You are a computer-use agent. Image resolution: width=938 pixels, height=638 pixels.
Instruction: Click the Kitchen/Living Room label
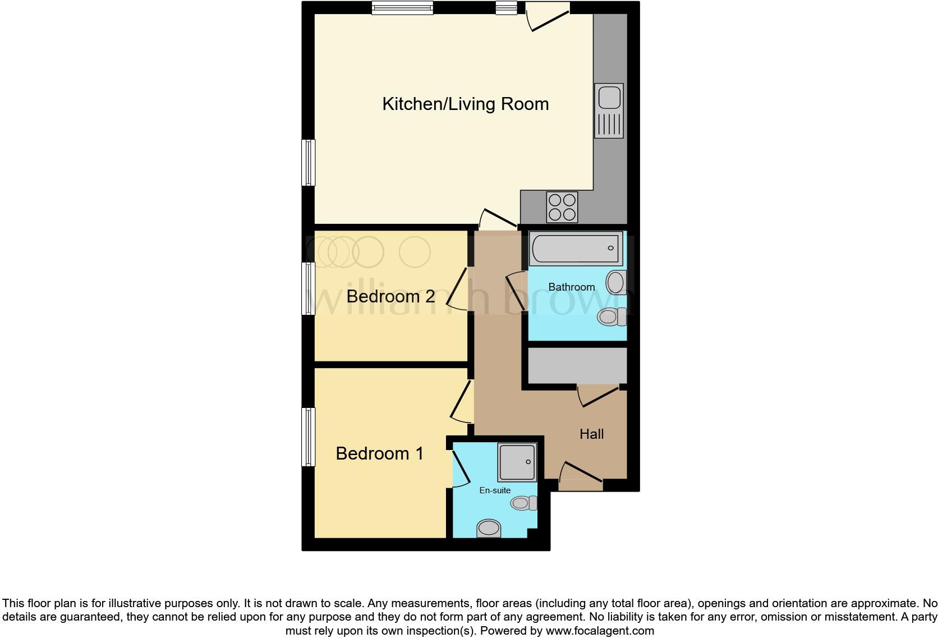(465, 104)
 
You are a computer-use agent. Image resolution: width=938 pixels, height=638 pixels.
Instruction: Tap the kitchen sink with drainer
(609, 111)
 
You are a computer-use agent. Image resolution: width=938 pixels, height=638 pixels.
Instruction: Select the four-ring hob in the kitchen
(562, 207)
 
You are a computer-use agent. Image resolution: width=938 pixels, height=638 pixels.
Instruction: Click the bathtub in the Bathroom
(576, 248)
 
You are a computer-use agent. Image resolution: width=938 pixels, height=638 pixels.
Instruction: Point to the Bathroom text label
(571, 287)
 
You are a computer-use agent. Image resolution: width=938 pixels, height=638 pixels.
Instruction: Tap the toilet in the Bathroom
(611, 317)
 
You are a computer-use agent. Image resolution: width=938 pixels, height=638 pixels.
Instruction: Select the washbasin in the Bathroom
(615, 282)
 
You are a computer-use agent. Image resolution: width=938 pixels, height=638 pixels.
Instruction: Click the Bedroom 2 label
(390, 296)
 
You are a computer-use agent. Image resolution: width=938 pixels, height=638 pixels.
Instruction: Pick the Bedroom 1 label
(379, 453)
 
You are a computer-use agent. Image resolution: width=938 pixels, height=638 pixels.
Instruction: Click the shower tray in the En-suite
(517, 462)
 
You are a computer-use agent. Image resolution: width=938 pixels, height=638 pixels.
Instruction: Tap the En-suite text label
(494, 490)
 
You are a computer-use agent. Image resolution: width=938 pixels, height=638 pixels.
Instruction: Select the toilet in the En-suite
(523, 503)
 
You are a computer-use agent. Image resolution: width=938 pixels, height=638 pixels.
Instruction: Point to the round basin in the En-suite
(489, 528)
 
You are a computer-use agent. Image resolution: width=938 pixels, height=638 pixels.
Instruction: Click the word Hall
(591, 434)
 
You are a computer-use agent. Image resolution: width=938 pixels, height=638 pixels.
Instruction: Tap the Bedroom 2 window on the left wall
(308, 288)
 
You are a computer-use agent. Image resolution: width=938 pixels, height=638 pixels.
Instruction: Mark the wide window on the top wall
(402, 8)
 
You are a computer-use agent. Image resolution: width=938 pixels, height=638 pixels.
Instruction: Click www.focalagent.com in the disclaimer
(600, 630)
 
